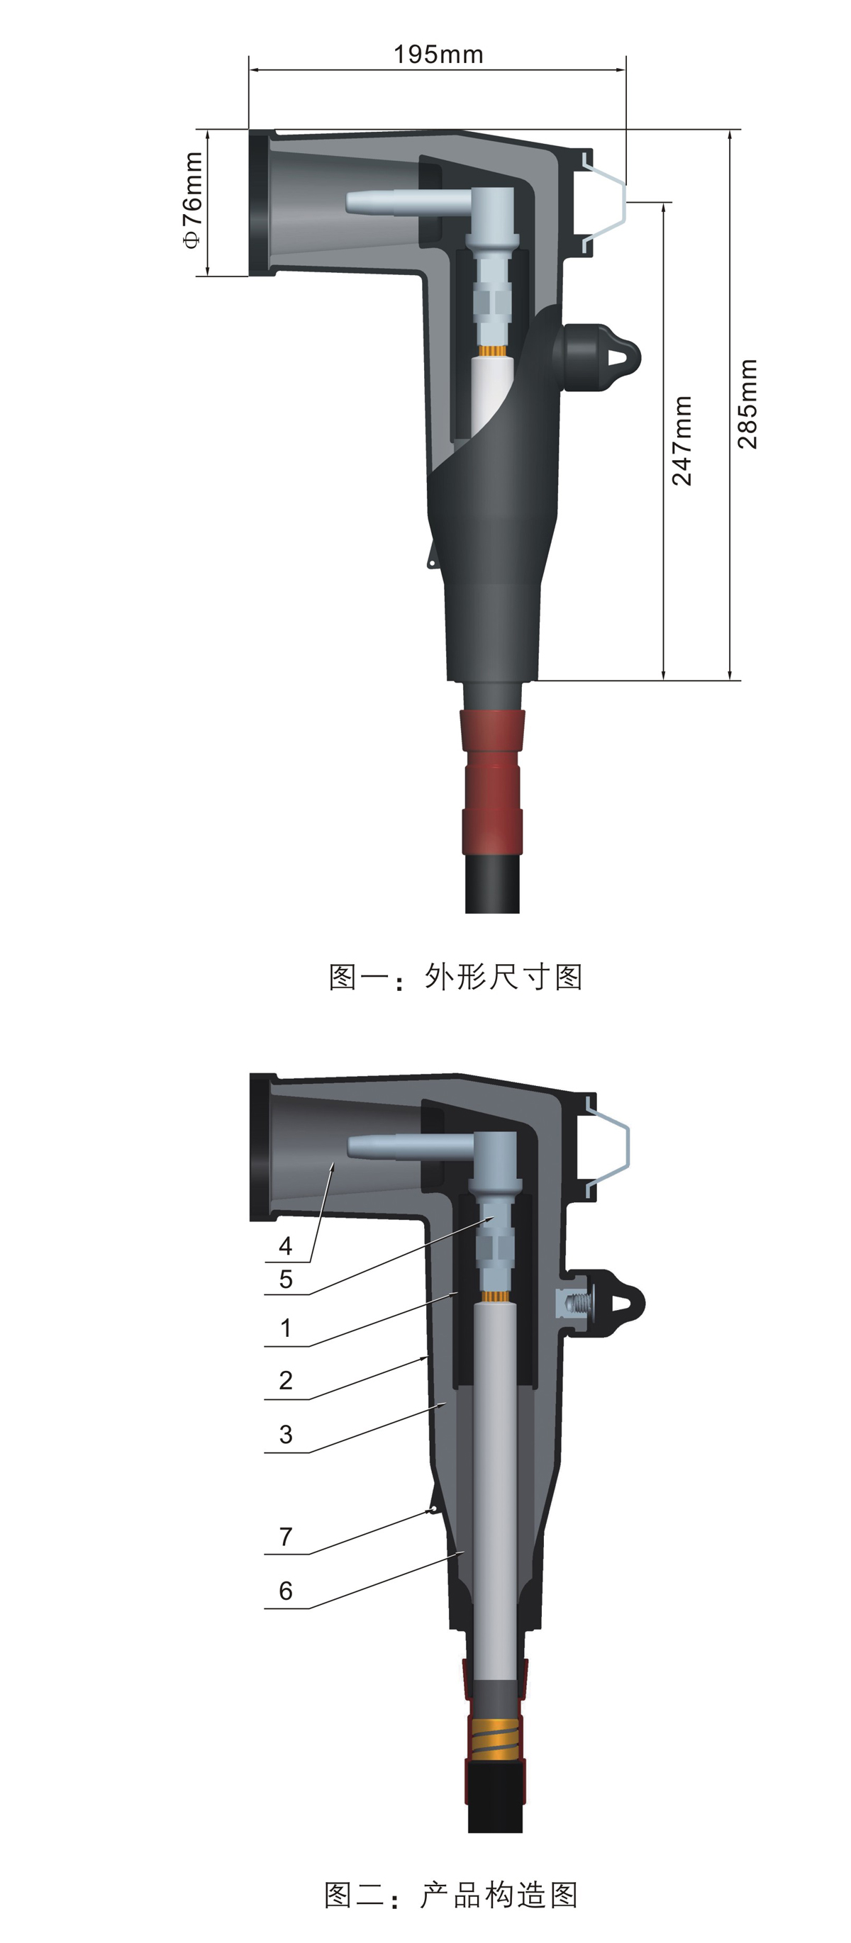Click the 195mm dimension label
point(438,55)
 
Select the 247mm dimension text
point(682,440)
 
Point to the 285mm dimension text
point(747,404)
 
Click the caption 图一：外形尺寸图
point(455,977)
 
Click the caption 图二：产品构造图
point(451,1895)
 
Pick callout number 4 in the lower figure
point(285,1246)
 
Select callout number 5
point(285,1280)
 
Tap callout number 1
point(285,1328)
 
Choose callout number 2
point(285,1380)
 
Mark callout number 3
point(285,1435)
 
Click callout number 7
point(285,1536)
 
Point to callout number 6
point(285,1591)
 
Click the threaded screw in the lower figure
point(576,1303)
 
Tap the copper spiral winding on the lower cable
point(496,1736)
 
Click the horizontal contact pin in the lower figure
point(407,1147)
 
